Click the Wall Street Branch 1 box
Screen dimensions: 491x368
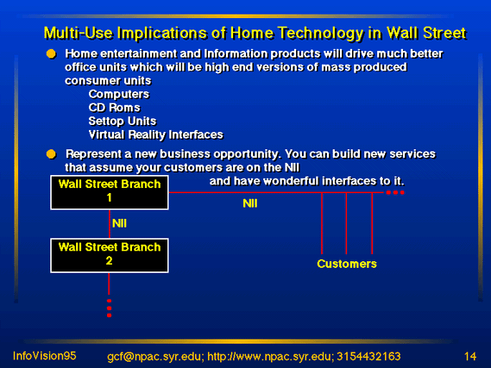tap(110, 192)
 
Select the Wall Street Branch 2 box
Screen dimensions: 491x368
tap(110, 255)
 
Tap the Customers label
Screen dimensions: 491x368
tap(347, 264)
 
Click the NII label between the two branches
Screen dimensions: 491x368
tap(119, 223)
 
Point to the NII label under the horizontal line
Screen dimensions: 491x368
tap(250, 203)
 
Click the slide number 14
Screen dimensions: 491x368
tap(470, 357)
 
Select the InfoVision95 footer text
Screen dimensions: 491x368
tap(45, 356)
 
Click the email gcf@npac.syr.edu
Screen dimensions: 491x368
tap(154, 357)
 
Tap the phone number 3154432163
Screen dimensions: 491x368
tap(368, 357)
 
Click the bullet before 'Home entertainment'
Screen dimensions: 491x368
tap(51, 53)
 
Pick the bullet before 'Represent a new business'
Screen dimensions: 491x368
tap(51, 154)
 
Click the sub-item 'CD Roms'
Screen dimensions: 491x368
tap(114, 108)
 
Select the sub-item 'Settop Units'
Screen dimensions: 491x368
tap(123, 121)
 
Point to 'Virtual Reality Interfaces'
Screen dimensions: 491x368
tap(155, 134)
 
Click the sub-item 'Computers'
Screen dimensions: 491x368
tap(119, 94)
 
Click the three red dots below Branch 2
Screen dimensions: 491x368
tap(109, 309)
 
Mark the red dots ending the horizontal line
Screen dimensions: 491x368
tap(395, 192)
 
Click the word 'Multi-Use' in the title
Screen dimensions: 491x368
tap(78, 33)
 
